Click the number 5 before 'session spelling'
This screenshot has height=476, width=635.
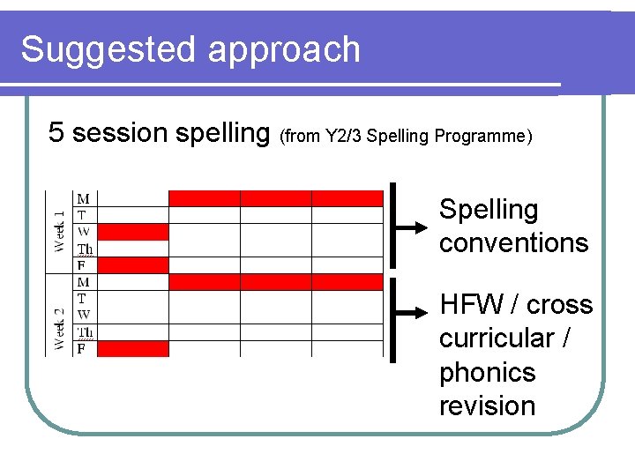click(56, 133)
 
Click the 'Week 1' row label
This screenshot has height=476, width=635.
click(60, 231)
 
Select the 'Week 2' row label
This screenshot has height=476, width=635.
click(60, 316)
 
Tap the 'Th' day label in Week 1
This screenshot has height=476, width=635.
click(85, 249)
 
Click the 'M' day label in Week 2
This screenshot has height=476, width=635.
click(84, 282)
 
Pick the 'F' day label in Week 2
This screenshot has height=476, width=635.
click(82, 349)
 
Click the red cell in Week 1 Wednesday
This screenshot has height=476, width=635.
click(132, 232)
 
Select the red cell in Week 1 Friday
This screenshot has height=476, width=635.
click(132, 264)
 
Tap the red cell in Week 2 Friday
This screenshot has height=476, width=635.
click(132, 349)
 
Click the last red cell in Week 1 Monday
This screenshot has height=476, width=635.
click(347, 198)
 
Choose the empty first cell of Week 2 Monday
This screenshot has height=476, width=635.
click(132, 282)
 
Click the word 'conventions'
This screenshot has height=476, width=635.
click(513, 243)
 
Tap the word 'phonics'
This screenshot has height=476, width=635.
click(487, 373)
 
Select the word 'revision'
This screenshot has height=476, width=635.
click(487, 406)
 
